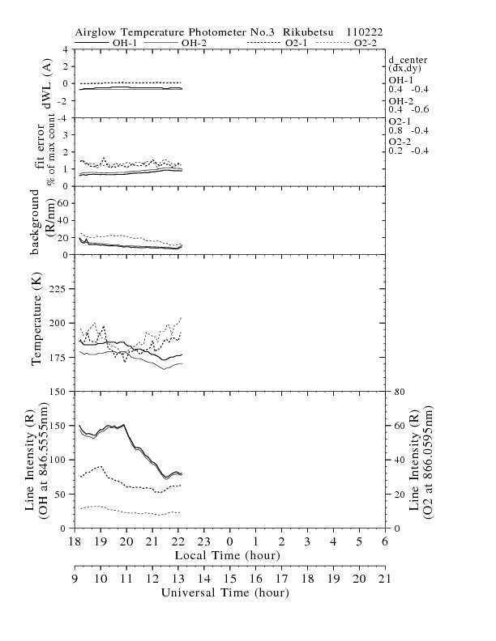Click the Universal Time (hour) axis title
[x=228, y=592]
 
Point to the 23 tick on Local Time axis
[x=203, y=541]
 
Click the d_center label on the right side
[x=407, y=60]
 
